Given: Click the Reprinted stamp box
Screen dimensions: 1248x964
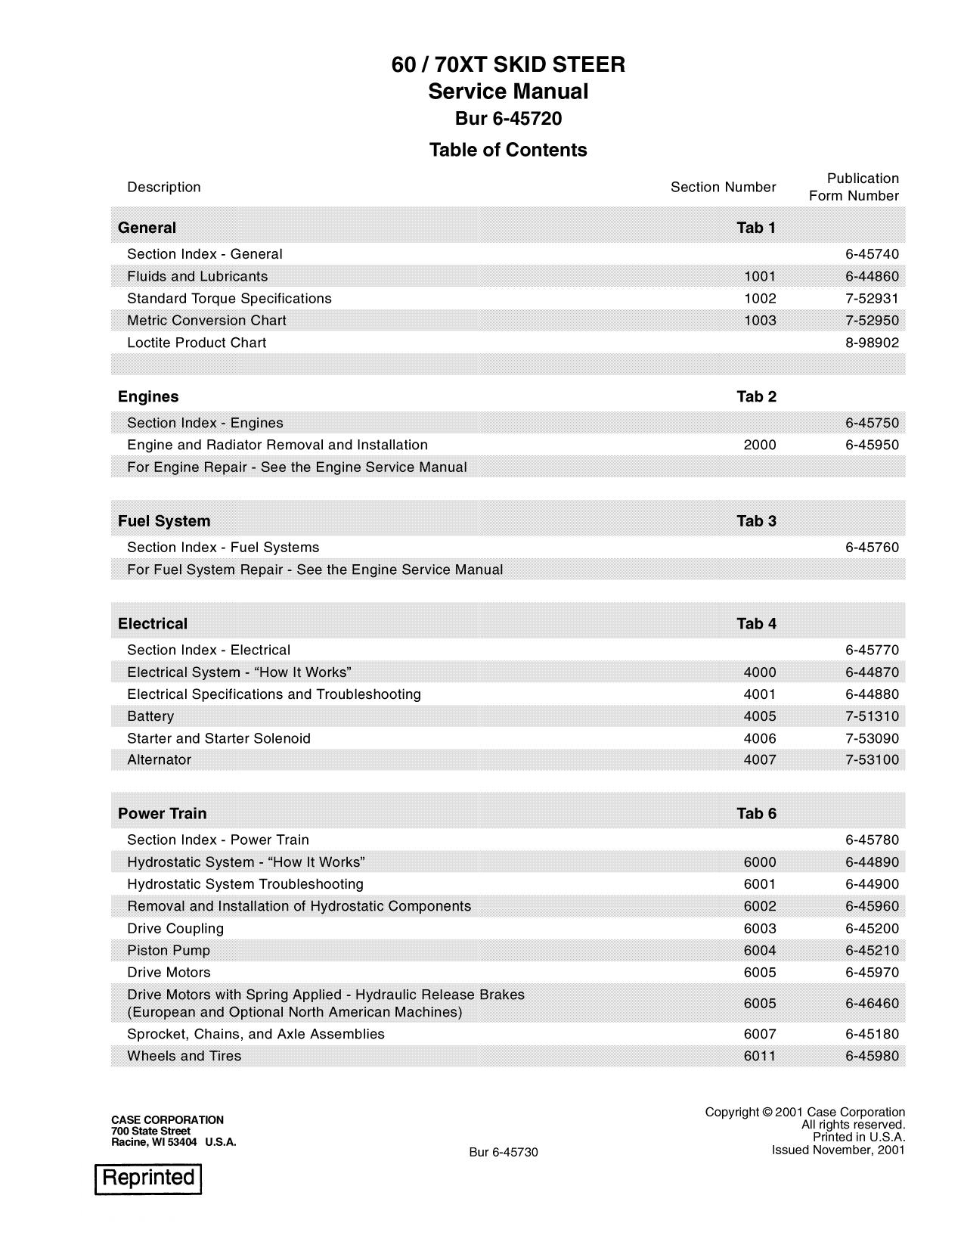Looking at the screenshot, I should [148, 1178].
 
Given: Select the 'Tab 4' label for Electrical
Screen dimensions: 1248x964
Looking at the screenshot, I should [756, 624].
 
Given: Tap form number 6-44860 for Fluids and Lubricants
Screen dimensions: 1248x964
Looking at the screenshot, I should [872, 277].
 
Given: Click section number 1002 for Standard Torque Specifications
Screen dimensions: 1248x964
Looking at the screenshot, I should [760, 299].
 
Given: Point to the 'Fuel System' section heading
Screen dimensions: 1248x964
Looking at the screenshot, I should [164, 521].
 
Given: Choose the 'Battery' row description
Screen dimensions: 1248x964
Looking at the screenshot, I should [150, 716].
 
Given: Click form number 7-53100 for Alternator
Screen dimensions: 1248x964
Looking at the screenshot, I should [872, 760].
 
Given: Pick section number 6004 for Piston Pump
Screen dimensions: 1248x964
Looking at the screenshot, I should [760, 951].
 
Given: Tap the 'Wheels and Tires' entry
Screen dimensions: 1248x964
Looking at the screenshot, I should [184, 1057].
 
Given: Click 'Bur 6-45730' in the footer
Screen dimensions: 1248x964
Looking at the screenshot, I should [503, 1152].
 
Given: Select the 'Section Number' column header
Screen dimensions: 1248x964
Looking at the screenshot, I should [723, 188].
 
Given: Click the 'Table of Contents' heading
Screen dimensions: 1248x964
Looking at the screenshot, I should [508, 150].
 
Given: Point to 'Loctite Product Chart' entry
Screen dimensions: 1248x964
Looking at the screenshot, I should [197, 343].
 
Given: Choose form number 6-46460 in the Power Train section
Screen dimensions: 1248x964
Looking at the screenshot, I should [872, 1004].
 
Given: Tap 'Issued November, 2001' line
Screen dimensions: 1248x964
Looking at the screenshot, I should [838, 1150].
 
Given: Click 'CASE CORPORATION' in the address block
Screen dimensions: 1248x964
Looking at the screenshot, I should [167, 1119].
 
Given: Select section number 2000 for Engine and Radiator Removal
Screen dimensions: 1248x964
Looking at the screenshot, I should [760, 445].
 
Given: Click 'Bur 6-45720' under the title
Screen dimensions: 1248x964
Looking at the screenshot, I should [508, 119].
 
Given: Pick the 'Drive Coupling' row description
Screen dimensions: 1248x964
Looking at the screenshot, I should [175, 929].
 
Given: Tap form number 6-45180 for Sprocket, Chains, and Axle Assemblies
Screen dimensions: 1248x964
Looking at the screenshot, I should [872, 1035].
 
